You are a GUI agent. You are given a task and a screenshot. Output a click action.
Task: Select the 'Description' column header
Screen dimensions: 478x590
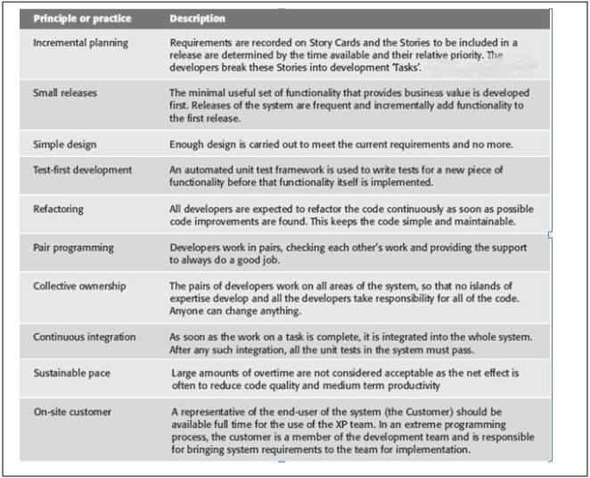tap(197, 19)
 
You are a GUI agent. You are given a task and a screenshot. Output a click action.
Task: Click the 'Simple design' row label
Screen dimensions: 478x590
tap(64, 144)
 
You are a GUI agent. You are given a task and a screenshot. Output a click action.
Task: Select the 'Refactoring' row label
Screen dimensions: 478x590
tap(59, 209)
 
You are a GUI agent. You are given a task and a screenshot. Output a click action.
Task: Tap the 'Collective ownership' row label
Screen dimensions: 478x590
tap(78, 286)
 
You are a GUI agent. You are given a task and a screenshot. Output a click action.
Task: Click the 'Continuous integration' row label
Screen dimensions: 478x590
tap(85, 337)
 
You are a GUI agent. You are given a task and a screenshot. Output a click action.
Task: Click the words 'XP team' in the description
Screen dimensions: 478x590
tap(364, 423)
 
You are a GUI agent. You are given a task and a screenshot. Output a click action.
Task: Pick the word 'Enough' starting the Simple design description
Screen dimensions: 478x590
tap(188, 144)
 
